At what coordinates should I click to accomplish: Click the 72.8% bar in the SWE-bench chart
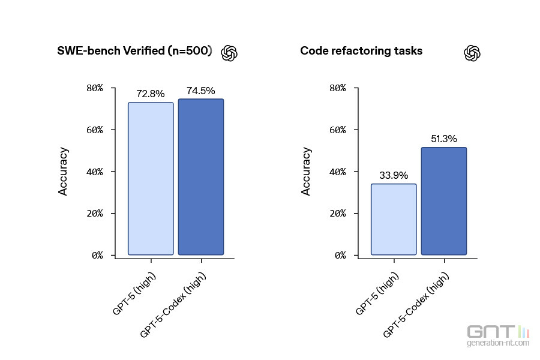point(151,179)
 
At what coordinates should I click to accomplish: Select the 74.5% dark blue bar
point(201,177)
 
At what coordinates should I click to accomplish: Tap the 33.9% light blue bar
point(394,219)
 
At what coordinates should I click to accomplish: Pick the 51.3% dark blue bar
point(444,201)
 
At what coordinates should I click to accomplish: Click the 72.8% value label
point(151,94)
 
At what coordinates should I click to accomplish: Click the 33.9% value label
point(394,175)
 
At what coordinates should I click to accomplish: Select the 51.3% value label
point(444,139)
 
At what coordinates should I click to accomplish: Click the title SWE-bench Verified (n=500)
point(134,51)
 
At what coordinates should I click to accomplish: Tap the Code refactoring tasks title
point(361,51)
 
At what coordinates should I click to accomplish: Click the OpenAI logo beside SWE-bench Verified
point(230,53)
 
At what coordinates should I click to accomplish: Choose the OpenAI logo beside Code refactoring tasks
point(472,53)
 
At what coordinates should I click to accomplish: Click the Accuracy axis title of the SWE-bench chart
point(64,172)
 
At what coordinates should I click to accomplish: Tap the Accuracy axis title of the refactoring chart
point(307,172)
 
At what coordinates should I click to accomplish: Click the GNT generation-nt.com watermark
point(498,336)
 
